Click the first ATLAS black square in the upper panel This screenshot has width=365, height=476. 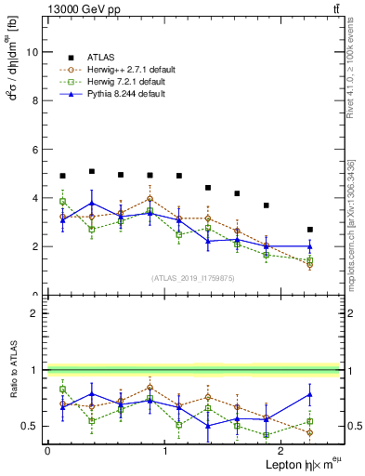tap(62, 176)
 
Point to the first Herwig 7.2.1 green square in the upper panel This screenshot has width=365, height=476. tap(62, 202)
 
